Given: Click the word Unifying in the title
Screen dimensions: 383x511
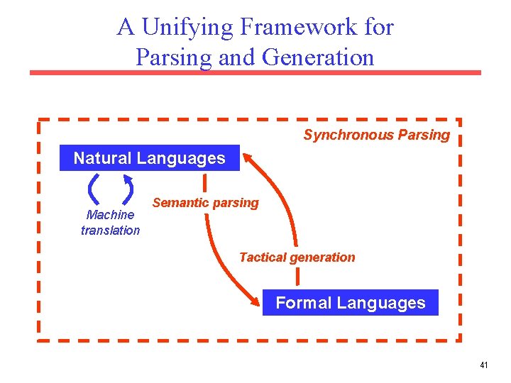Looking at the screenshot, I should click(x=187, y=27).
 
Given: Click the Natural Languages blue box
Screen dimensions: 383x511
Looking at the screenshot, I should click(x=149, y=158).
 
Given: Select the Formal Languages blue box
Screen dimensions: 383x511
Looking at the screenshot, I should click(x=350, y=303).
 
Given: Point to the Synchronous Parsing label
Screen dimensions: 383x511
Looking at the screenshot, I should click(x=376, y=135).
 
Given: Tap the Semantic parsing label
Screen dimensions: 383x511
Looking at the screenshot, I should click(x=206, y=203).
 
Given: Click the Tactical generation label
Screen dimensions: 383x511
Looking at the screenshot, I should click(x=297, y=257).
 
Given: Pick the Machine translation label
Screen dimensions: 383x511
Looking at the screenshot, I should click(x=110, y=222).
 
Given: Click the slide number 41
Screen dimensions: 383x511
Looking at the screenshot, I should click(x=483, y=365).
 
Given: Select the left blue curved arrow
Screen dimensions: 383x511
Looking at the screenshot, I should click(x=93, y=189).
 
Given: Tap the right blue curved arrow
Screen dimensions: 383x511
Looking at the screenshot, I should click(x=128, y=189).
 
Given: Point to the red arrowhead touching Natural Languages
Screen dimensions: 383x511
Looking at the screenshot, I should click(x=248, y=153).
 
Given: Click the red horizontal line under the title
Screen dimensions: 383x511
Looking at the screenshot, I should click(x=255, y=72).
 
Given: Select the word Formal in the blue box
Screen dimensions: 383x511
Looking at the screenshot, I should click(x=304, y=303).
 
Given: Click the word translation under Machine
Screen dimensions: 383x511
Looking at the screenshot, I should click(x=110, y=230).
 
